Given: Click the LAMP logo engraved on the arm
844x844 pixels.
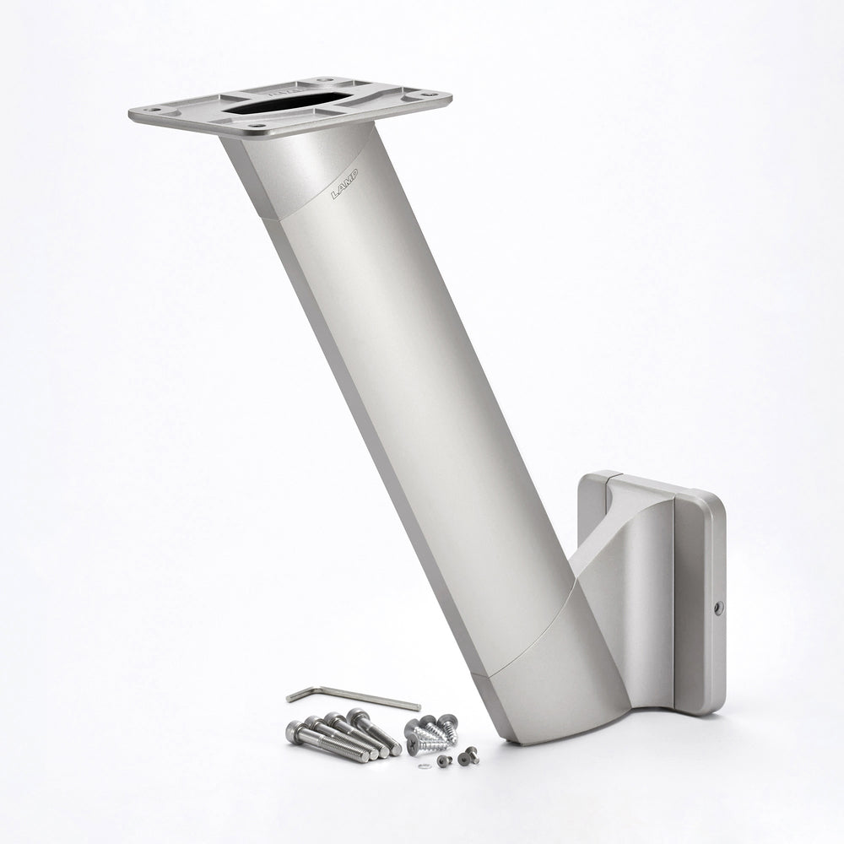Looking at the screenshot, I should (x=344, y=184).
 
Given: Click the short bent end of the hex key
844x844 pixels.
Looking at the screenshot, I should (x=293, y=696).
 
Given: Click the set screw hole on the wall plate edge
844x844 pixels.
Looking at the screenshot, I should (x=718, y=607).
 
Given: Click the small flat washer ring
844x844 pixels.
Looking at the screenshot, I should (x=424, y=766).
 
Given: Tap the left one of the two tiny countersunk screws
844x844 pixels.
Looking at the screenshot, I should (x=444, y=760).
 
